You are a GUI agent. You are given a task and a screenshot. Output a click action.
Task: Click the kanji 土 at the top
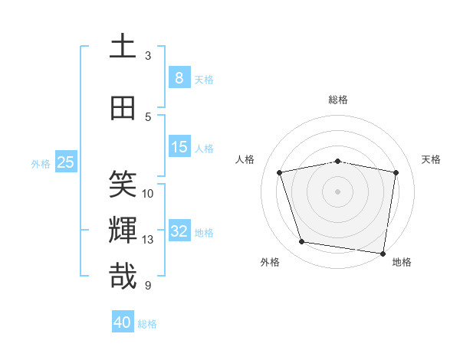pyautogui.click(x=123, y=46)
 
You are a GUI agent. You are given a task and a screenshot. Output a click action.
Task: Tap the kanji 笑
pyautogui.click(x=123, y=185)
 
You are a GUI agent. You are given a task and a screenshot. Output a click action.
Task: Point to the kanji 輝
pyautogui.click(x=123, y=231)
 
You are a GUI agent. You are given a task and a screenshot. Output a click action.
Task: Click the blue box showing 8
pyautogui.click(x=179, y=77)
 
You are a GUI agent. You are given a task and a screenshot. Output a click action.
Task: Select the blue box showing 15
pyautogui.click(x=179, y=147)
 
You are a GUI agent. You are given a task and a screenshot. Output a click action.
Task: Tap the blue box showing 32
pyautogui.click(x=179, y=231)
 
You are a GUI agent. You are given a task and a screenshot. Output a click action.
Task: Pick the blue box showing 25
pyautogui.click(x=65, y=162)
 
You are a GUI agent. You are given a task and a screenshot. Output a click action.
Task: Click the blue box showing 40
pyautogui.click(x=123, y=322)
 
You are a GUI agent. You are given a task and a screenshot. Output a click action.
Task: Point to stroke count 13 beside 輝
pyautogui.click(x=148, y=240)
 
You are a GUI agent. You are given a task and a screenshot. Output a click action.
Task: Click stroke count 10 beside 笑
pyautogui.click(x=148, y=194)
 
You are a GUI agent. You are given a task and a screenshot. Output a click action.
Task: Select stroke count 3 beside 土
pyautogui.click(x=148, y=56)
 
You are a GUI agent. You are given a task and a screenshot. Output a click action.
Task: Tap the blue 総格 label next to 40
pyautogui.click(x=147, y=324)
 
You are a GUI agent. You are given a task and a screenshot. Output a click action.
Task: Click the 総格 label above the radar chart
pyautogui.click(x=337, y=100)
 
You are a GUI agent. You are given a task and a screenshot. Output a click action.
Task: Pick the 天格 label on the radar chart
pyautogui.click(x=432, y=159)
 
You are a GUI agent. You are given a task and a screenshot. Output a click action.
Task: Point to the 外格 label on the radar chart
pyautogui.click(x=270, y=262)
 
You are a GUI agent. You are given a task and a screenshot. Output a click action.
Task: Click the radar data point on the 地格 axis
pyautogui.click(x=383, y=253)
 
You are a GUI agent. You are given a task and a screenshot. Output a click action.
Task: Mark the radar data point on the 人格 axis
pyautogui.click(x=280, y=172)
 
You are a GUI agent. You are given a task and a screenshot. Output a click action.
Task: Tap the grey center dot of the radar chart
pyautogui.click(x=337, y=191)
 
